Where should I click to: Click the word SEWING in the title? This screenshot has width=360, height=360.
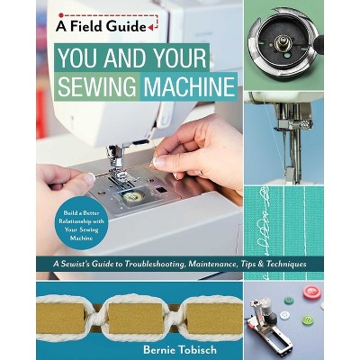pyautogui.click(x=96, y=86)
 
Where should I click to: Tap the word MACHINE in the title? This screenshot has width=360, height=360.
pyautogui.click(x=189, y=86)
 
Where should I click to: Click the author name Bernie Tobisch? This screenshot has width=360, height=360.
pyautogui.click(x=180, y=349)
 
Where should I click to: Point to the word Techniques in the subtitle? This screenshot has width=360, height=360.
pyautogui.click(x=288, y=264)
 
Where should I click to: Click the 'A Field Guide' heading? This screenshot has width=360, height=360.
pyautogui.click(x=101, y=27)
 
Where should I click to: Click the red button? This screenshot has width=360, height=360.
pyautogui.click(x=310, y=292)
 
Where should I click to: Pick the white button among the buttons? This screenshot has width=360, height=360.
pyautogui.click(x=284, y=315)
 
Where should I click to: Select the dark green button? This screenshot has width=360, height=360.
pyautogui.click(x=289, y=301)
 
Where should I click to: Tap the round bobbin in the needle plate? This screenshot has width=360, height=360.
pyautogui.click(x=131, y=196)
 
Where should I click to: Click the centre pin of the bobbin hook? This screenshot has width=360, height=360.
pyautogui.click(x=283, y=43)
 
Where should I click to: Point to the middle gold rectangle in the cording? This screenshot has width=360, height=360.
pyautogui.click(x=136, y=319)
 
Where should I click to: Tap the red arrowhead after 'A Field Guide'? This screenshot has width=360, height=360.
pyautogui.click(x=151, y=27)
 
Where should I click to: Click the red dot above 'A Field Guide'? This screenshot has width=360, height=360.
pyautogui.click(x=61, y=14)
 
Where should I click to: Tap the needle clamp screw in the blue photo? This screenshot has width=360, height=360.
pyautogui.click(x=308, y=124)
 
